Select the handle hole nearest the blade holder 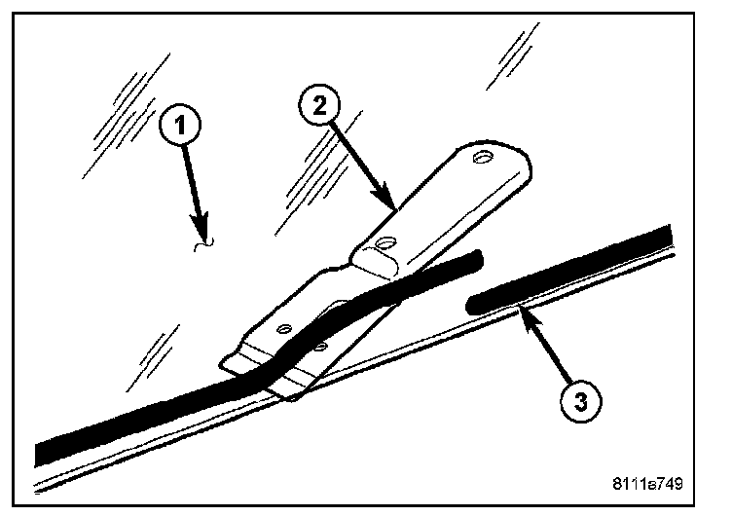pos(387,244)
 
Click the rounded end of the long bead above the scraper pos(476,256)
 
